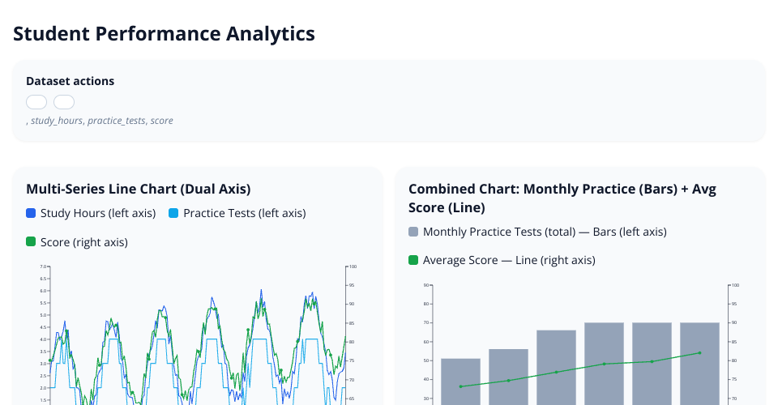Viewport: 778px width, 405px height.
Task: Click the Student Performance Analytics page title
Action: coord(164,34)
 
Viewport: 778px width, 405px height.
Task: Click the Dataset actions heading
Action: coord(70,81)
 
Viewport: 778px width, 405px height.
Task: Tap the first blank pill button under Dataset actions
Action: coord(36,102)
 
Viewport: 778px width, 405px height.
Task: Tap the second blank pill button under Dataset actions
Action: coord(64,102)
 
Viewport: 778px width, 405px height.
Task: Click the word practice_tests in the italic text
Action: coord(117,121)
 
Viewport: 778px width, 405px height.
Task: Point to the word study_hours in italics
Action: coord(56,121)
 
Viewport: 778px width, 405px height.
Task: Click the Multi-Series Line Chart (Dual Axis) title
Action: coord(138,189)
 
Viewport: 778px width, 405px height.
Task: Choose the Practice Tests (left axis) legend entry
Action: coord(244,213)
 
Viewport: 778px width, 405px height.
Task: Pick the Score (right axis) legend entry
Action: coord(83,241)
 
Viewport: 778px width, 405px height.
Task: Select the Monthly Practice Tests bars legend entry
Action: coord(545,232)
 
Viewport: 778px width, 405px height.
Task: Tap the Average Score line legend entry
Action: coord(509,260)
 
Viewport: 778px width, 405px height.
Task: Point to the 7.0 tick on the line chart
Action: coord(45,266)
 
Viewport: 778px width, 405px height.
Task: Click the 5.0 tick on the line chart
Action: coord(45,315)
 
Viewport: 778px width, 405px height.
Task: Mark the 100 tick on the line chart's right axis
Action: coord(353,266)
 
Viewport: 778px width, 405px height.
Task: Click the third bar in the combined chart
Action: coord(556,368)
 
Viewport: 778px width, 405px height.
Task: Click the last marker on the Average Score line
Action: coord(699,352)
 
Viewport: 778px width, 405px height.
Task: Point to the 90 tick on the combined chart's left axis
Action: coord(425,285)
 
